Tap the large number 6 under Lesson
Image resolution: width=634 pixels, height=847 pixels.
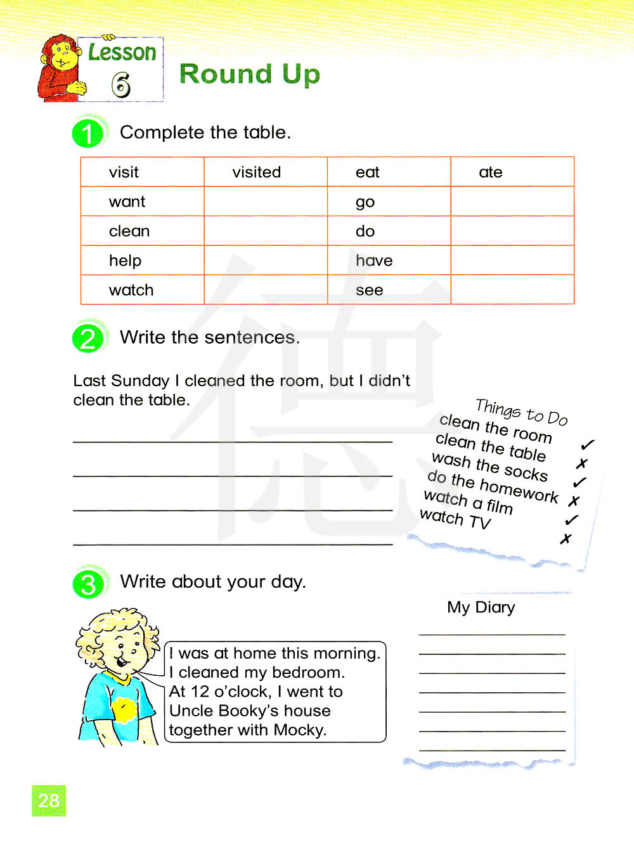[120, 85]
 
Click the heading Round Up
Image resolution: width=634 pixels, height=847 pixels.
[250, 74]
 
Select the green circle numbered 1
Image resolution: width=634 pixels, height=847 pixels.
[88, 133]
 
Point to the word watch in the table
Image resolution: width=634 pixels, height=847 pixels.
[131, 290]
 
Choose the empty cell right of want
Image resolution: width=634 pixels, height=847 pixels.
[266, 202]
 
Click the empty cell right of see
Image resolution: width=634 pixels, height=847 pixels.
[512, 290]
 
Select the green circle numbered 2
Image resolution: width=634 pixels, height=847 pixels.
[88, 338]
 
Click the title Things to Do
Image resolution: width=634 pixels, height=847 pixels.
[521, 411]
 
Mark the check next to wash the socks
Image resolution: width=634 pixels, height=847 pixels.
[579, 482]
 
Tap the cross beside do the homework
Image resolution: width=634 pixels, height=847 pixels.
[574, 501]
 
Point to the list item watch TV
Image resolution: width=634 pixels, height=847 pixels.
[455, 519]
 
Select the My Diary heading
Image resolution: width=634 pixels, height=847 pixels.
[481, 607]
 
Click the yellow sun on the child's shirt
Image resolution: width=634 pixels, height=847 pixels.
[124, 709]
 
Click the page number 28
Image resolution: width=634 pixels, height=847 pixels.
[49, 801]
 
